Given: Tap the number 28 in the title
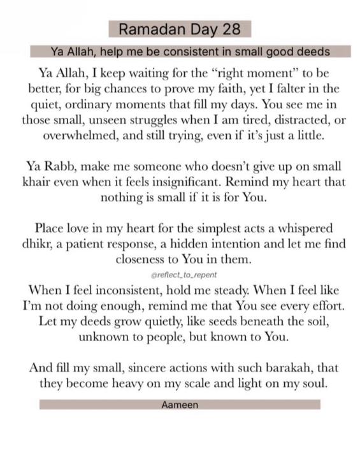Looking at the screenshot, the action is [230, 30].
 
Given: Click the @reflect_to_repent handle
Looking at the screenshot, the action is [180, 274].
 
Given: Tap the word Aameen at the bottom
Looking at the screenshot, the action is [180, 405].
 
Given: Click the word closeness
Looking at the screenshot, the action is [143, 261].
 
